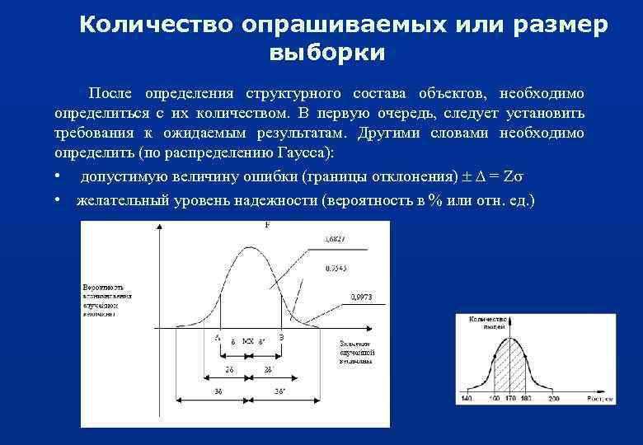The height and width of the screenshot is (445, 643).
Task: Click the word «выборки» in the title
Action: (326, 54)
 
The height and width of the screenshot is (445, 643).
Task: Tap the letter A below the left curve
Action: (218, 338)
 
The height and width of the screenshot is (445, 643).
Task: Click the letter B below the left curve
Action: (282, 338)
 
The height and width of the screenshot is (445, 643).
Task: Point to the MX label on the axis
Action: (247, 340)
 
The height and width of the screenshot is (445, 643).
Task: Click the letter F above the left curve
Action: (267, 225)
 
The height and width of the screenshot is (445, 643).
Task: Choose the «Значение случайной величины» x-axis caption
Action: (355, 351)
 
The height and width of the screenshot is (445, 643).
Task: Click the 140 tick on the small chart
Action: (467, 399)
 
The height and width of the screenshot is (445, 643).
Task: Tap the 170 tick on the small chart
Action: (510, 399)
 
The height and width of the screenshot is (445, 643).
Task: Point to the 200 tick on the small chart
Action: (553, 399)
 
